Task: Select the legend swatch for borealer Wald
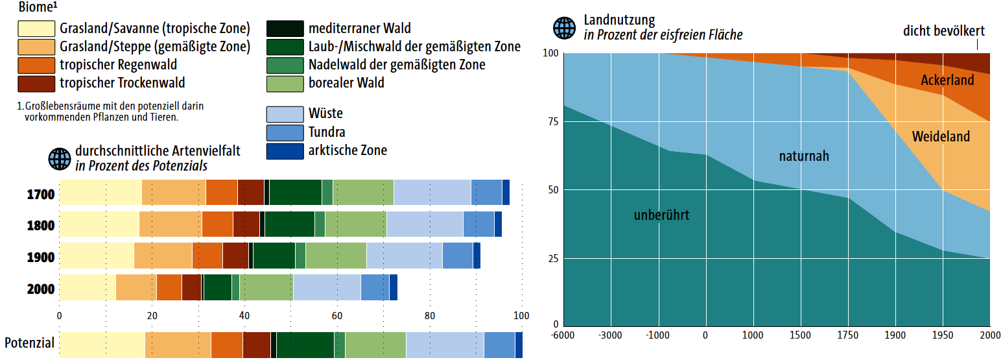(285, 83)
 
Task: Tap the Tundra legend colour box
(285, 132)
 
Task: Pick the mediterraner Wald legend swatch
(285, 29)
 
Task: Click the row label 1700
(41, 194)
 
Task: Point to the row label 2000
(41, 289)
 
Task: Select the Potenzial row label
(29, 343)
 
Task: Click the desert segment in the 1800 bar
(425, 224)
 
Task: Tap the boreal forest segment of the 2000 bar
(266, 287)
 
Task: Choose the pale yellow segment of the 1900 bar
(97, 256)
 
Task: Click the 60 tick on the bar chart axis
(336, 317)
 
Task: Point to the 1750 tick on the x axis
(848, 335)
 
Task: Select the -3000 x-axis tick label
(610, 335)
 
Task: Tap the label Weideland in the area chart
(941, 137)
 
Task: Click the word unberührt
(661, 215)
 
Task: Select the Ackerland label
(947, 80)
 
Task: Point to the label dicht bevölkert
(943, 31)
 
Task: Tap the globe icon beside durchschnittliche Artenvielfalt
(60, 158)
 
